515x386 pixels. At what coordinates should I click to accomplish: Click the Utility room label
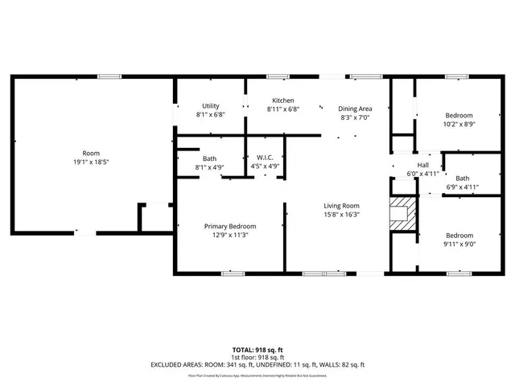[211, 105]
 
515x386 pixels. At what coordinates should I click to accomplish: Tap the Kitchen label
[283, 101]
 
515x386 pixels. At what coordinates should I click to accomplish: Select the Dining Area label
[354, 109]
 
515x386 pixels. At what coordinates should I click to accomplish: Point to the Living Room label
[341, 206]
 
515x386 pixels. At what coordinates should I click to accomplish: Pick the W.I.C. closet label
[266, 158]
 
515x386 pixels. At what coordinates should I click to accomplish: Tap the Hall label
[411, 165]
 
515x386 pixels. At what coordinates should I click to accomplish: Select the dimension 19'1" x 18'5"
[90, 162]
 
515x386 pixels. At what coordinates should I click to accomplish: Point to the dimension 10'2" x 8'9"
[459, 124]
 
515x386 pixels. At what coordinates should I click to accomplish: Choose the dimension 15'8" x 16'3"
[341, 215]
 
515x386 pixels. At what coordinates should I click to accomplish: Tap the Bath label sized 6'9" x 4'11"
[462, 178]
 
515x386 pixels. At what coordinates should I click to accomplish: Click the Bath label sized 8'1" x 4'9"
[209, 158]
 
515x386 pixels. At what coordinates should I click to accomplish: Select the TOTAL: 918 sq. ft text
[257, 350]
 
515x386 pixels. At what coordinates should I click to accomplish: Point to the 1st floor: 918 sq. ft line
[257, 357]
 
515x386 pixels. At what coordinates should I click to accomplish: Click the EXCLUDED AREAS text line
[257, 364]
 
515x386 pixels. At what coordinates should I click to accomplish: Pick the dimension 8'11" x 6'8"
[283, 109]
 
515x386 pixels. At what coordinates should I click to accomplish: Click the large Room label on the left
[90, 153]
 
